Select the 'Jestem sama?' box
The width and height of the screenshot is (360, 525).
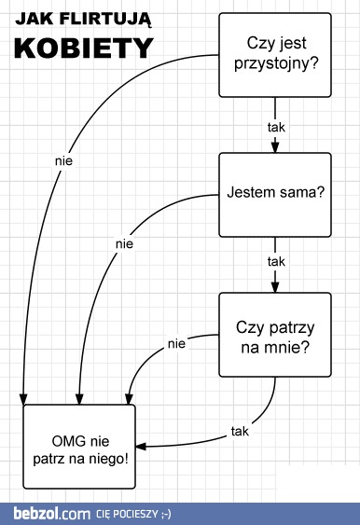point(275,194)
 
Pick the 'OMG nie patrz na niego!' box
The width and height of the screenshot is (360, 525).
point(78,450)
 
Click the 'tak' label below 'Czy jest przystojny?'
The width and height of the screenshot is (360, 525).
point(275,124)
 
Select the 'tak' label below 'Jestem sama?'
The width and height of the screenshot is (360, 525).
point(275,261)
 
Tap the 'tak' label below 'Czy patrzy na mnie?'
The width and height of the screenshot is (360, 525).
point(240,430)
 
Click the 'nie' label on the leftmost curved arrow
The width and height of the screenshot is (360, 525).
point(63,160)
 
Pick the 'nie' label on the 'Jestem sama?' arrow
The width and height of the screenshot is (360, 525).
point(124,244)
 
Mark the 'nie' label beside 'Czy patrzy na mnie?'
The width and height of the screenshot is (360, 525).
point(176,344)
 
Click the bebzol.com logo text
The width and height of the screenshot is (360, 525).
point(51,513)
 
